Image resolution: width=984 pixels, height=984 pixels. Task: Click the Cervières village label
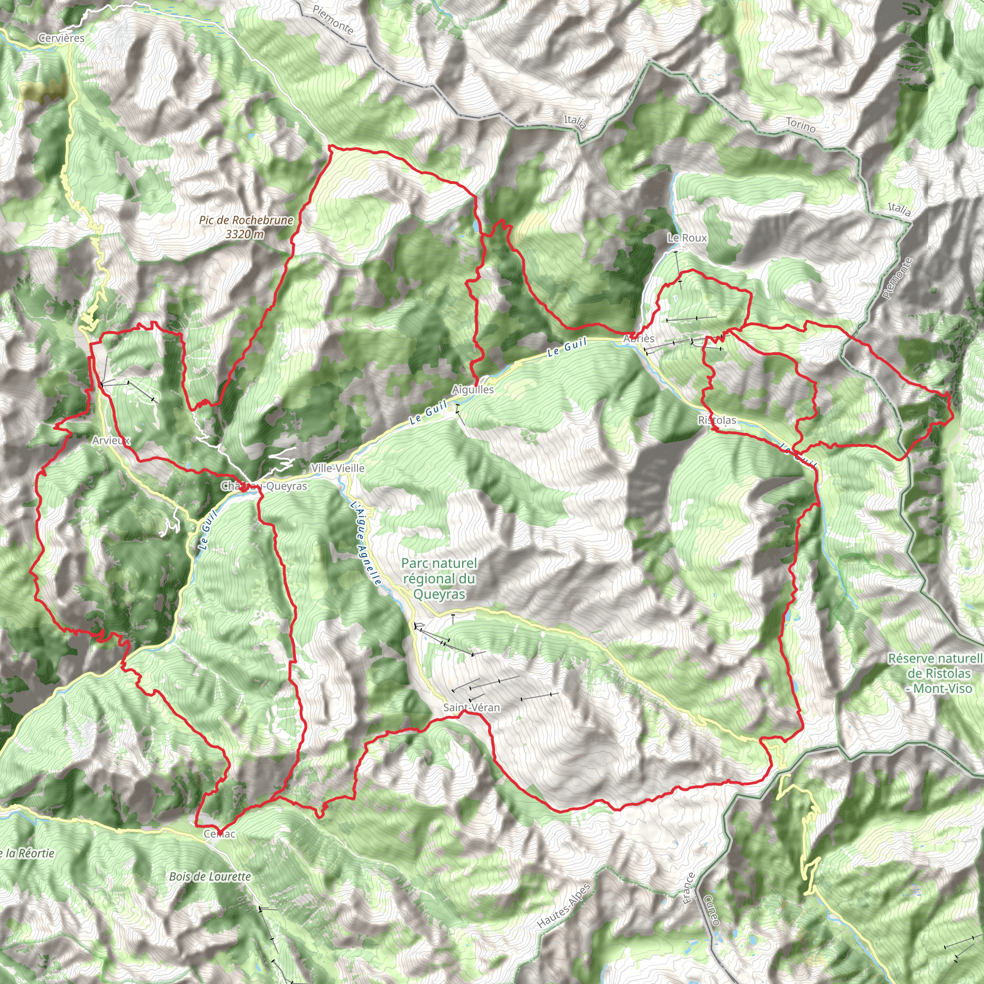[x=61, y=38]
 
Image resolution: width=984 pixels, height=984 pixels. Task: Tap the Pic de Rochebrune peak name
[x=246, y=220]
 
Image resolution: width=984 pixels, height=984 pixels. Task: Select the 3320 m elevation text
[x=245, y=234]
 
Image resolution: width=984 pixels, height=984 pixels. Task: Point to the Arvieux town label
[x=111, y=441]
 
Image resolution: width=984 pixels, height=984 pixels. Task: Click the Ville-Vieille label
[x=338, y=468]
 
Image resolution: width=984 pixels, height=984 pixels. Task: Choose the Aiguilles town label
[x=473, y=390]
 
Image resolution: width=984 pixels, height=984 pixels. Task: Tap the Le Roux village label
[x=687, y=238]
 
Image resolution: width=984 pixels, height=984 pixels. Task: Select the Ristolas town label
[x=717, y=420]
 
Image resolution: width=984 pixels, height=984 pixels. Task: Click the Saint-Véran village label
[x=472, y=707]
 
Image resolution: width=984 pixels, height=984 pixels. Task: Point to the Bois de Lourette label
[x=210, y=876]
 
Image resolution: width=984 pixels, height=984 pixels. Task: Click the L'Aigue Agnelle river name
[x=366, y=543]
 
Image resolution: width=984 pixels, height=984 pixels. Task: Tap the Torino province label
[x=800, y=125]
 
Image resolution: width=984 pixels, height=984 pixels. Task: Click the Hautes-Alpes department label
[x=563, y=906]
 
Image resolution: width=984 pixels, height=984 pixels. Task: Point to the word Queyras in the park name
[x=439, y=594]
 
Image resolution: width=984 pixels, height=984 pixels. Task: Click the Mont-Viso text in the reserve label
[x=943, y=689]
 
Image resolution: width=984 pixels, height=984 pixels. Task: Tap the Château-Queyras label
[x=264, y=486]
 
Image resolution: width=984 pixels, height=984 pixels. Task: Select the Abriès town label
[x=639, y=339]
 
